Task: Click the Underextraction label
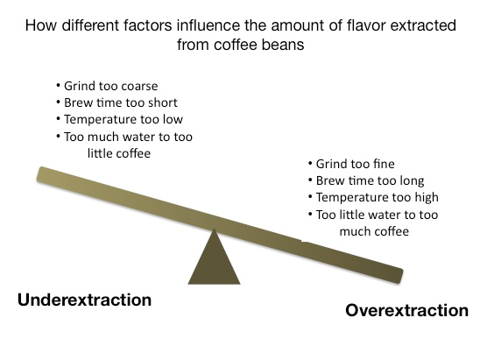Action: coord(84,300)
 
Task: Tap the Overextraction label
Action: coord(406,310)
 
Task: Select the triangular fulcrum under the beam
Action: coord(214,257)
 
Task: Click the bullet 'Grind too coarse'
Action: coord(107,86)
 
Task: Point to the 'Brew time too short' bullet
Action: coord(117,102)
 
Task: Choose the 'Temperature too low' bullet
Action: coord(120,119)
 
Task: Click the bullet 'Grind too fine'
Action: coord(351,164)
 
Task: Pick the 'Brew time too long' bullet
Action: coord(366,180)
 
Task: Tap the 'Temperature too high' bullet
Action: coord(373,197)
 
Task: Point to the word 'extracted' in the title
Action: coord(423,25)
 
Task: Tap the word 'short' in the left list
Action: coord(163,102)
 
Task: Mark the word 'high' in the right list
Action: coord(427,197)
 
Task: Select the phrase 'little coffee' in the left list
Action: coord(119,153)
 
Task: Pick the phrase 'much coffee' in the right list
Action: coord(374,231)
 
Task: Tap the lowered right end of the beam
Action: coord(399,276)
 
